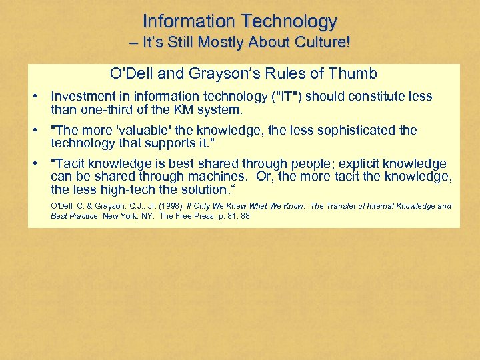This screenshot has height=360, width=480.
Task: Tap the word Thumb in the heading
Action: tap(354, 73)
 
